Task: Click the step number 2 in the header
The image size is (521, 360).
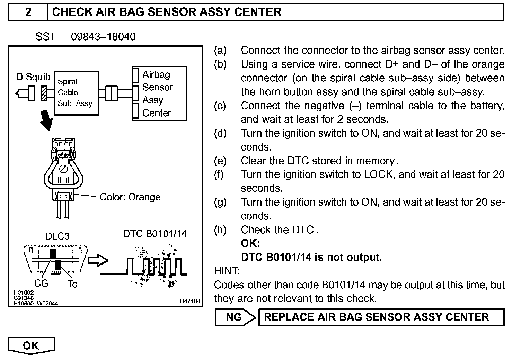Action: [x=28, y=12]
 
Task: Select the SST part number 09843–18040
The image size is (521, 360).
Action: [x=103, y=37]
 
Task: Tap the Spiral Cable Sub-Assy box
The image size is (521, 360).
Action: [x=76, y=93]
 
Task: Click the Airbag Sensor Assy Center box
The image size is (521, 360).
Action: [x=159, y=93]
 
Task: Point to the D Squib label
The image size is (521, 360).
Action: [x=33, y=76]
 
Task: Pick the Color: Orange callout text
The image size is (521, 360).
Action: [x=130, y=197]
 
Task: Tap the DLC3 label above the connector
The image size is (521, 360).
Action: [x=57, y=236]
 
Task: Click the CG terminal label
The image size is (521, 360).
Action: [x=41, y=283]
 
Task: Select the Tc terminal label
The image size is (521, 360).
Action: [x=72, y=284]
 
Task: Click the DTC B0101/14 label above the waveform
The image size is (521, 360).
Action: [x=155, y=234]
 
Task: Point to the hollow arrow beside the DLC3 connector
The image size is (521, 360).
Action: [x=98, y=261]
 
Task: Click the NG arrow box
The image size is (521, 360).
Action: [x=235, y=317]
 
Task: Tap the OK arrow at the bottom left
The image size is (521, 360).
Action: [x=31, y=345]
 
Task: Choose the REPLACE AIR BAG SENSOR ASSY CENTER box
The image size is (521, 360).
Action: [x=381, y=317]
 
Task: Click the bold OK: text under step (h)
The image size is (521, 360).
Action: [x=250, y=243]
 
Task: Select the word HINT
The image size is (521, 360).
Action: [x=227, y=271]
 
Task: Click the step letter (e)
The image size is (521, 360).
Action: [x=220, y=161]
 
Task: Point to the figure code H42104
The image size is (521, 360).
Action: [x=190, y=301]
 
